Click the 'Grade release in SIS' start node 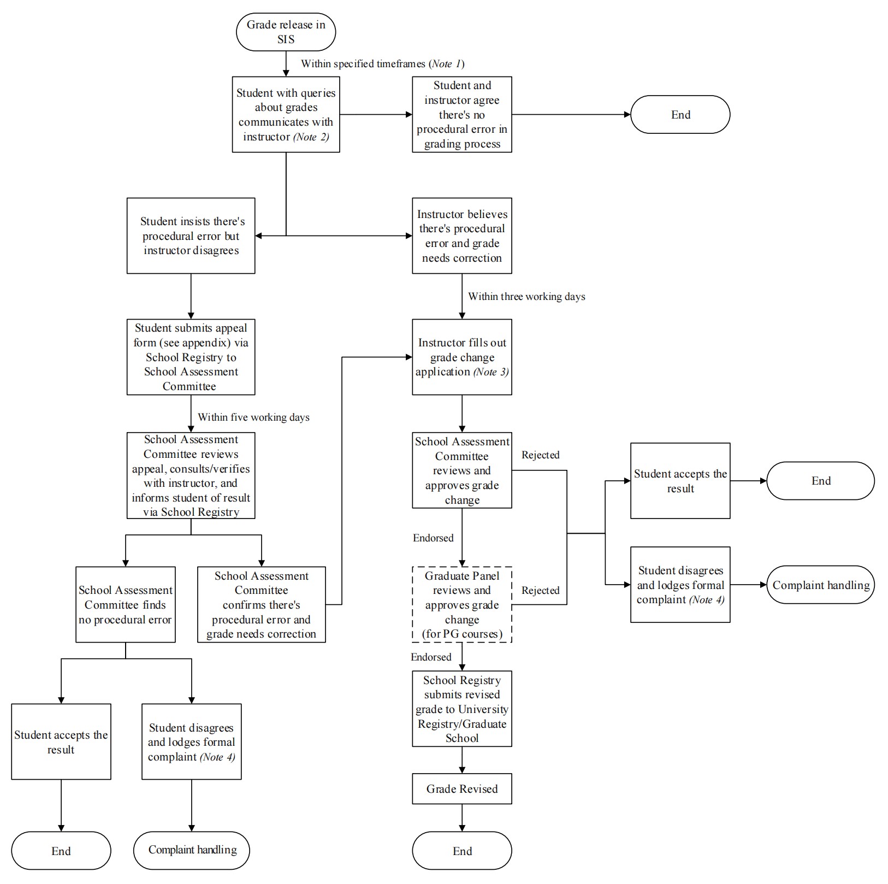point(286,32)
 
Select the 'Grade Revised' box point(462,788)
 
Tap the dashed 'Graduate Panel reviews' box point(462,604)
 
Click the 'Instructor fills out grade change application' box point(462,357)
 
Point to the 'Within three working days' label point(526,297)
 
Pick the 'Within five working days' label point(253,417)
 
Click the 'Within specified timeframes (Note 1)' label point(382,64)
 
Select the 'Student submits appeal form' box point(191,357)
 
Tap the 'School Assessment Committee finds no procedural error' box point(126,604)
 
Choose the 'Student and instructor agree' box point(462,114)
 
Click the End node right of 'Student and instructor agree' point(680,114)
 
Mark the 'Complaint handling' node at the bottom point(192,850)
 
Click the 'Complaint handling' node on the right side point(820,585)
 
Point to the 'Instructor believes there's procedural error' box point(462,235)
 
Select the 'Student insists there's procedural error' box point(191,235)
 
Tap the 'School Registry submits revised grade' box point(462,709)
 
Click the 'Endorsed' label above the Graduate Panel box point(433,538)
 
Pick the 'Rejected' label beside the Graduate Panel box point(540,591)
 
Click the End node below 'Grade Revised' point(462,851)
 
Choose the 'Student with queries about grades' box point(286,114)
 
